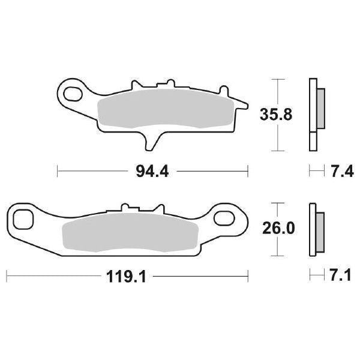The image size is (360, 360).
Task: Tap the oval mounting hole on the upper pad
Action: pyautogui.click(x=74, y=94)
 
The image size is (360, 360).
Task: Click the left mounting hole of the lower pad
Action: pyautogui.click(x=24, y=219)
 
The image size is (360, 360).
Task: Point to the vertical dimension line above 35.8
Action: pyautogui.click(x=276, y=90)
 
